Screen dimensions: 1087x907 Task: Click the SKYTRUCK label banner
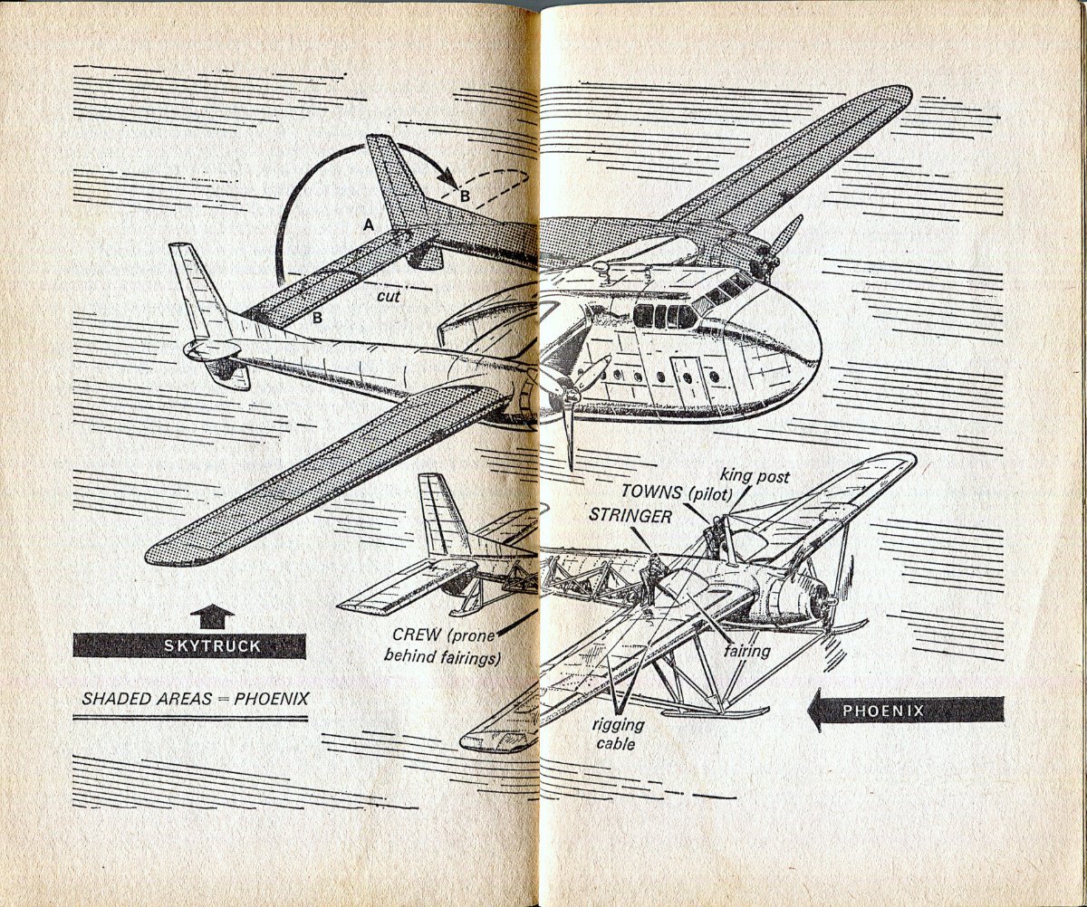click(189, 645)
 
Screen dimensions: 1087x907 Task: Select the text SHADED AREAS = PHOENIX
click(196, 698)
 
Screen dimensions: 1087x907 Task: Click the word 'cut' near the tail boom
click(389, 297)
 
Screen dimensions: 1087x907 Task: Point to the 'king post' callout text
click(755, 477)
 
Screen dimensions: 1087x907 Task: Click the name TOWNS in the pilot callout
click(653, 492)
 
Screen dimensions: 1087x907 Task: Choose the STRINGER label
click(630, 515)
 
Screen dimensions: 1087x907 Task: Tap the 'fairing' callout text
click(746, 651)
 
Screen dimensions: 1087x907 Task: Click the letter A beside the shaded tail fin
click(369, 224)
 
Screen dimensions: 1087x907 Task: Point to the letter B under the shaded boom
click(317, 318)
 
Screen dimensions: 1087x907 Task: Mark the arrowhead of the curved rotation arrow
click(448, 178)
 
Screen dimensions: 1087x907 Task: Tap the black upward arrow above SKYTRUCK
click(212, 616)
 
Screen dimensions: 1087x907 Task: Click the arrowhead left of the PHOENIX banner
click(817, 711)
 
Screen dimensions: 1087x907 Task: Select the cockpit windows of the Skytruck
click(664, 316)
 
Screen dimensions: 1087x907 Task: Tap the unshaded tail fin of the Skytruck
click(200, 292)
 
